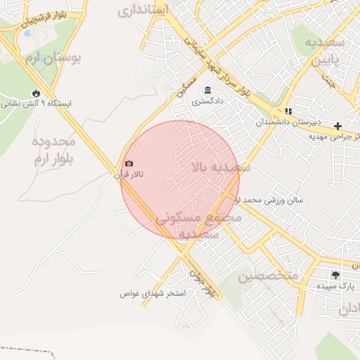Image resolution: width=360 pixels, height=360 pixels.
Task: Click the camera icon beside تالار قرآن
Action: (x=129, y=164)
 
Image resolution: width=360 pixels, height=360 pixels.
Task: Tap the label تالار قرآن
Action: (x=129, y=174)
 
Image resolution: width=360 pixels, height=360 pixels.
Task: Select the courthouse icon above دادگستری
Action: (x=207, y=91)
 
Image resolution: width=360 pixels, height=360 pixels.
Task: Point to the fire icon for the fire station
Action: (x=36, y=93)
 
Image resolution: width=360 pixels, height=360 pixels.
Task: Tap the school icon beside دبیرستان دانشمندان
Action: (x=288, y=111)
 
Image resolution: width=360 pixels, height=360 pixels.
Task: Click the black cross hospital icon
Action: (x=338, y=125)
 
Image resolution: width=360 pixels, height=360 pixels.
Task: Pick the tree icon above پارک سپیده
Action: (x=335, y=275)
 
